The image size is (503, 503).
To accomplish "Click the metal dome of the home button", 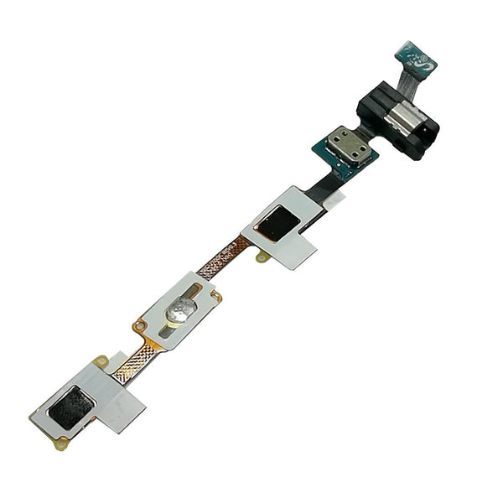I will [x=179, y=312].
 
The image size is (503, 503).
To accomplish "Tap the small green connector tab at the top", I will [x=412, y=54].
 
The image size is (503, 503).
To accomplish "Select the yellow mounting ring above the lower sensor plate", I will [x=101, y=361].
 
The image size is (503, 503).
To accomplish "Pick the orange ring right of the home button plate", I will [x=216, y=295].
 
